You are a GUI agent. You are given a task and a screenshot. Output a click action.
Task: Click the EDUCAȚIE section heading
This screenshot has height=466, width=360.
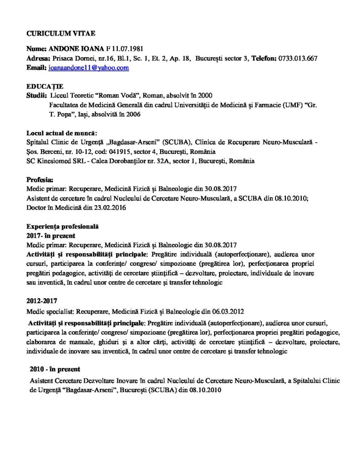(x=45, y=86)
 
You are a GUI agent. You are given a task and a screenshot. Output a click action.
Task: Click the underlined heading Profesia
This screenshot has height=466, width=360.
(x=41, y=179)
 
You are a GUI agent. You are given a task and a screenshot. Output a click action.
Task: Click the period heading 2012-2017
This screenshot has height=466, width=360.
(x=42, y=301)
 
